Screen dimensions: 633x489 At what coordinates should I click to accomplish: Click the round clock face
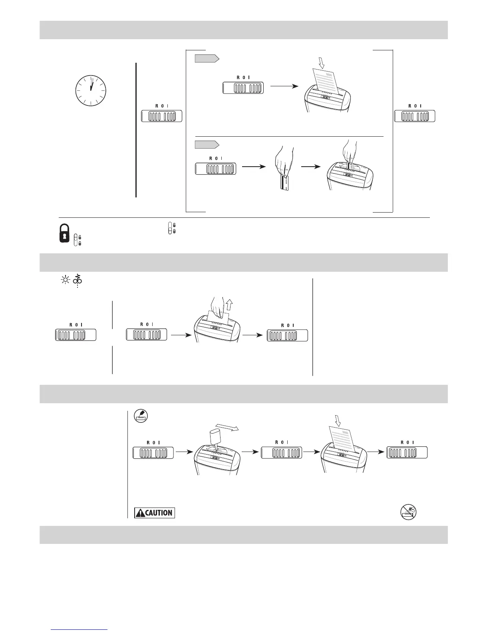[x=91, y=90]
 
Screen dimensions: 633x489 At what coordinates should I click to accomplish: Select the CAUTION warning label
[x=155, y=513]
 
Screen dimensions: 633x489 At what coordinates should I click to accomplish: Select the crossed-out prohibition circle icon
[x=408, y=512]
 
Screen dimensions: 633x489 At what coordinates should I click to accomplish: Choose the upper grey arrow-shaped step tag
[x=207, y=59]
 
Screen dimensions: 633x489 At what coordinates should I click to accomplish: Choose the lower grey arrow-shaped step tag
[x=207, y=144]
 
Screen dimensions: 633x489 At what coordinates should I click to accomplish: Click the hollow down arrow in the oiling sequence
[x=338, y=420]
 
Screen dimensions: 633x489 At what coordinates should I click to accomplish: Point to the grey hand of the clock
[x=92, y=82]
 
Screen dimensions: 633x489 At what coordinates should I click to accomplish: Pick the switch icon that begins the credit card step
[x=215, y=168]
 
